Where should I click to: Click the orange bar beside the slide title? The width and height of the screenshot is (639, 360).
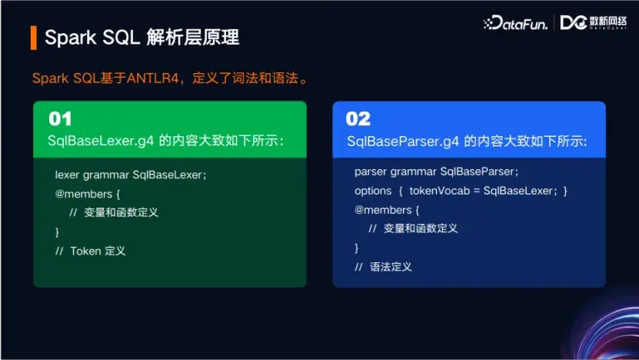(x=34, y=38)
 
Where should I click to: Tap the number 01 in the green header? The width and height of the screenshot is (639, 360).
(x=60, y=119)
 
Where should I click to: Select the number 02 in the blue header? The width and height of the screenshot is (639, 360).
(x=358, y=119)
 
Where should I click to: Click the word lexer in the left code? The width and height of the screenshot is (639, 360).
(x=68, y=175)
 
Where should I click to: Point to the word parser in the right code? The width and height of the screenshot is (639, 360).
(x=371, y=171)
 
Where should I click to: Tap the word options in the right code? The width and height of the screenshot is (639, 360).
(x=373, y=190)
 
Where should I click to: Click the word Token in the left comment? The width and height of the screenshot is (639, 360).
(x=85, y=251)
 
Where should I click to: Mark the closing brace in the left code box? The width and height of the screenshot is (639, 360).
(x=57, y=232)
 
